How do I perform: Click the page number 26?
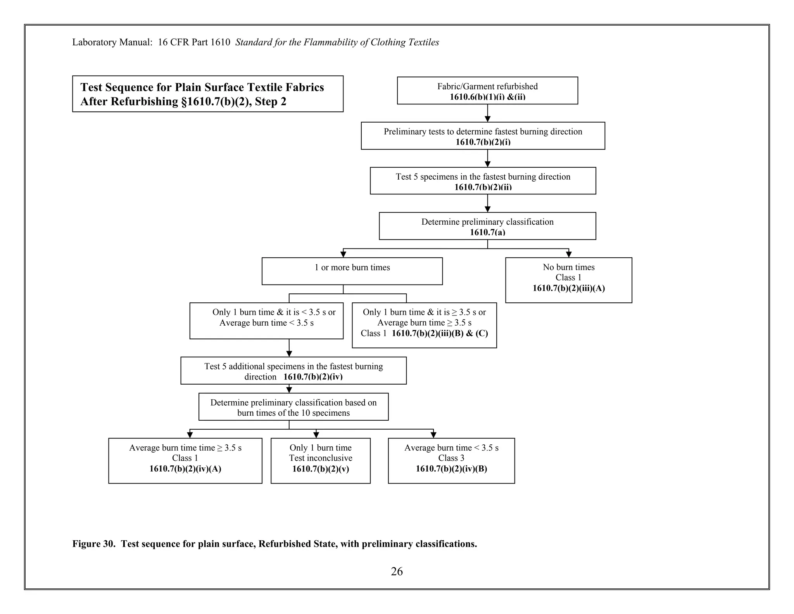397,571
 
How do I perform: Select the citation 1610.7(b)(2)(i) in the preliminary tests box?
483,142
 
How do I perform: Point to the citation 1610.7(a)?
487,232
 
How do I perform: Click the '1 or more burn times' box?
352,271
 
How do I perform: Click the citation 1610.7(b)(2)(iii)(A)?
568,288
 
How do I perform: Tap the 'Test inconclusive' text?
320,458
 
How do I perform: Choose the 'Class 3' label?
451,458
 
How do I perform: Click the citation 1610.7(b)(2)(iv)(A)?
185,469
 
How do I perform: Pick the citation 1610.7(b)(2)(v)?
320,469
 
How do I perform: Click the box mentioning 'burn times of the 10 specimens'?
293,407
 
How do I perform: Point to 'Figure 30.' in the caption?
94,544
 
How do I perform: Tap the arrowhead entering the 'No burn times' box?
569,255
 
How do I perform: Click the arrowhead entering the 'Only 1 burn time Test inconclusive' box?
316,435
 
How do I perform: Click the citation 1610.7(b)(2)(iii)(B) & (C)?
440,333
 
